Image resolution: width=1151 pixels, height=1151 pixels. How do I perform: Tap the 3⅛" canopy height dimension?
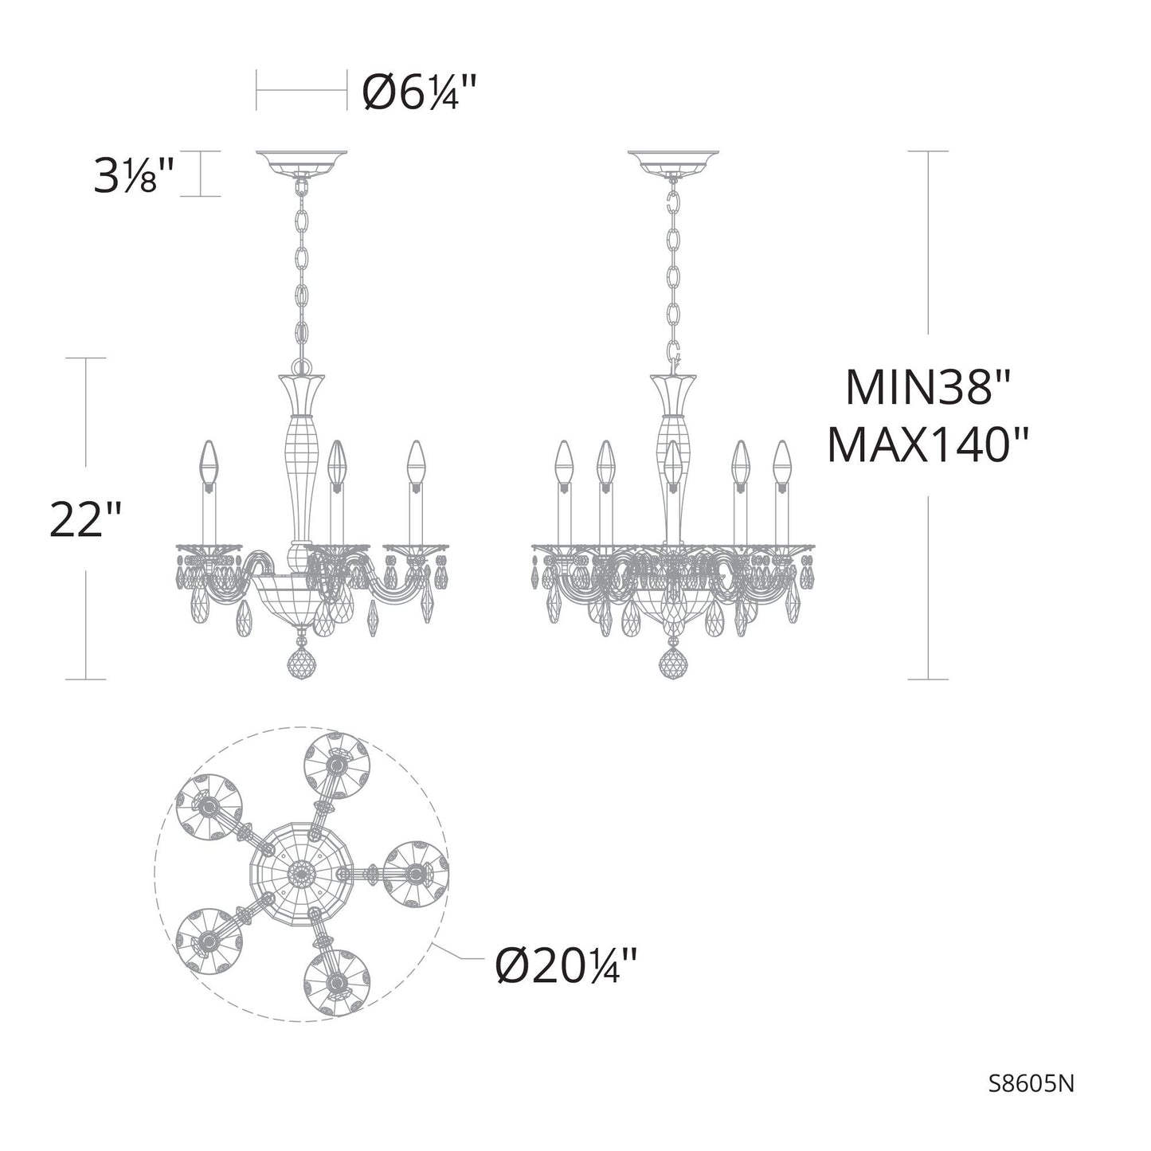tap(133, 176)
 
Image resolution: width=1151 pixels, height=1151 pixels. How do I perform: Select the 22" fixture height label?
tap(85, 519)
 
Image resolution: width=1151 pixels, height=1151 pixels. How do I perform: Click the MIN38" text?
tap(927, 388)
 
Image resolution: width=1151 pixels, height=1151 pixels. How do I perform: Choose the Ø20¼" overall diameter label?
tap(566, 967)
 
